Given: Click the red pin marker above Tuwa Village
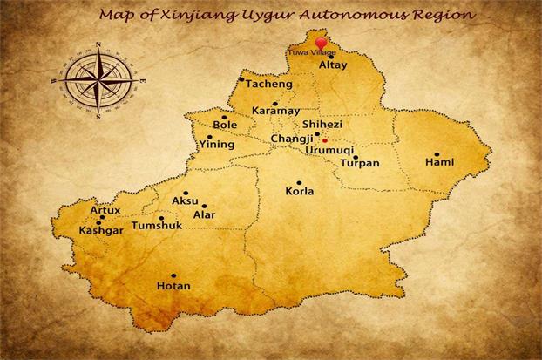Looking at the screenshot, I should coord(322,43).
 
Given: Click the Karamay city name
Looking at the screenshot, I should coord(275,112).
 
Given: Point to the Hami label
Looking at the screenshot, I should coord(439,162).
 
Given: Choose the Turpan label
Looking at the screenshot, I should coord(360,163).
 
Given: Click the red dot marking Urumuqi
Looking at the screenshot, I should coord(325,140).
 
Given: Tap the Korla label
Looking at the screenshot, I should coord(300,191).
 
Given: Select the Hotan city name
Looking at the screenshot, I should coord(173,285).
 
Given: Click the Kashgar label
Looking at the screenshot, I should coord(101,230).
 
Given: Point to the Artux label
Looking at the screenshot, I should coord(105,210).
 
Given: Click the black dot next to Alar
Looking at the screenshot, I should coord(204,206).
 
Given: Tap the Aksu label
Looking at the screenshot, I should coord(186,200).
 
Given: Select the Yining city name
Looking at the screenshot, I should coord(217,144).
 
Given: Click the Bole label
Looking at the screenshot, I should coord(225,125).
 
